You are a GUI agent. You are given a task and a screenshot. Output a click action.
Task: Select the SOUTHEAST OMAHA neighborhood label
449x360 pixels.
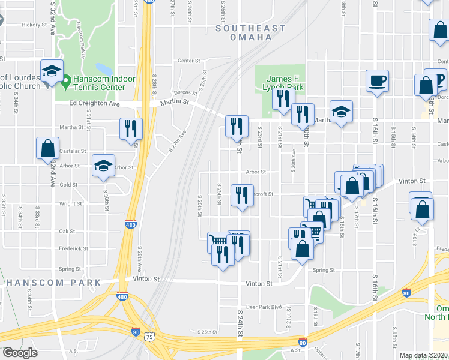click(250, 32)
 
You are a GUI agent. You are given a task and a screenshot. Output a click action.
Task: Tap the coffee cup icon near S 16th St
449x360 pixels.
click(377, 81)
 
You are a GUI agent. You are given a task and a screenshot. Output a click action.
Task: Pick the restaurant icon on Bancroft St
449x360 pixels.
click(242, 195)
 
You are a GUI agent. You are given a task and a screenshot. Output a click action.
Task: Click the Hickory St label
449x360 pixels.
click(34, 25)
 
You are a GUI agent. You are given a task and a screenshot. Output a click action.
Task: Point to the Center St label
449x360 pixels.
click(188, 61)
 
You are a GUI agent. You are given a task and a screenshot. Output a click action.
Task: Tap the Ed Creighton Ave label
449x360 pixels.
click(94, 103)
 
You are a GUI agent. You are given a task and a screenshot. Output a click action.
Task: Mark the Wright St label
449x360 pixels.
click(70, 204)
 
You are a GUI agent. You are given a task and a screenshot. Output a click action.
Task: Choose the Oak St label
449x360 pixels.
click(67, 231)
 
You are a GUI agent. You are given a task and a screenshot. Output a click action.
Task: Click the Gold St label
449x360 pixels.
click(68, 185)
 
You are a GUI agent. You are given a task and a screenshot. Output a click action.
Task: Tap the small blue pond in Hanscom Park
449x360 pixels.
click(103, 69)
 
